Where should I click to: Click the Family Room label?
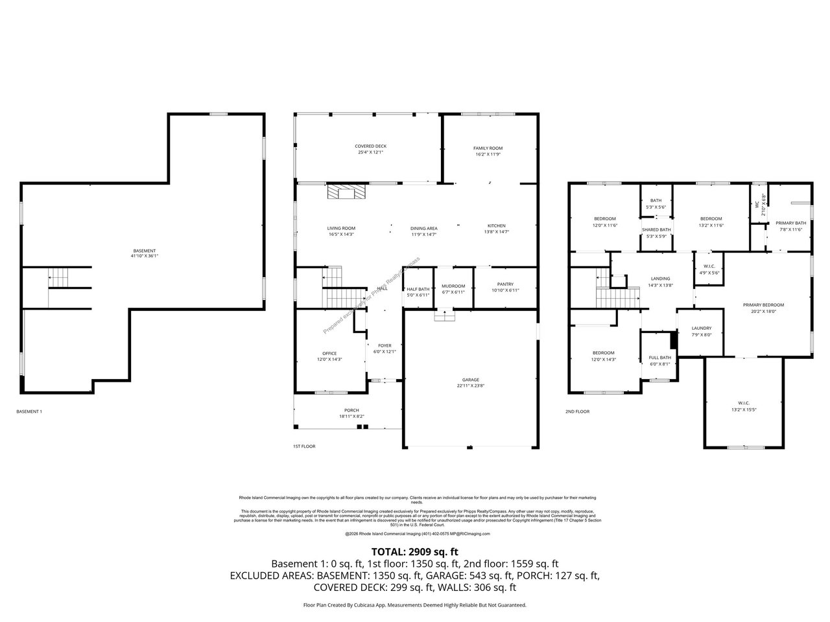click(488, 148)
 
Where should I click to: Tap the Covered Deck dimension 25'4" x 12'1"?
click(370, 153)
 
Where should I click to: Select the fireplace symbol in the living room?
click(346, 192)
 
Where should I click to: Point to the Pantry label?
click(505, 284)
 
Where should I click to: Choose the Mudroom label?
click(453, 286)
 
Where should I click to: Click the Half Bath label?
click(418, 289)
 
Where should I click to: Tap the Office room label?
click(329, 353)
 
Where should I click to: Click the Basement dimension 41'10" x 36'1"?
click(144, 256)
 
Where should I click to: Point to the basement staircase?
click(58, 279)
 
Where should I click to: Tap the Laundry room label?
click(702, 328)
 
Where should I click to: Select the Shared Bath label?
click(656, 229)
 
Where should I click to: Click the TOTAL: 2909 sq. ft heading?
click(414, 551)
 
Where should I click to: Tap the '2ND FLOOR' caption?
click(577, 411)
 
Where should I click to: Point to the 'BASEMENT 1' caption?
click(29, 411)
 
